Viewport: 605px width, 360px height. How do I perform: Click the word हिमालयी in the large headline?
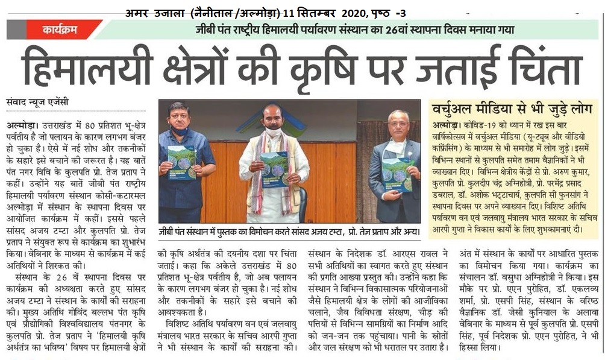click(87, 65)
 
